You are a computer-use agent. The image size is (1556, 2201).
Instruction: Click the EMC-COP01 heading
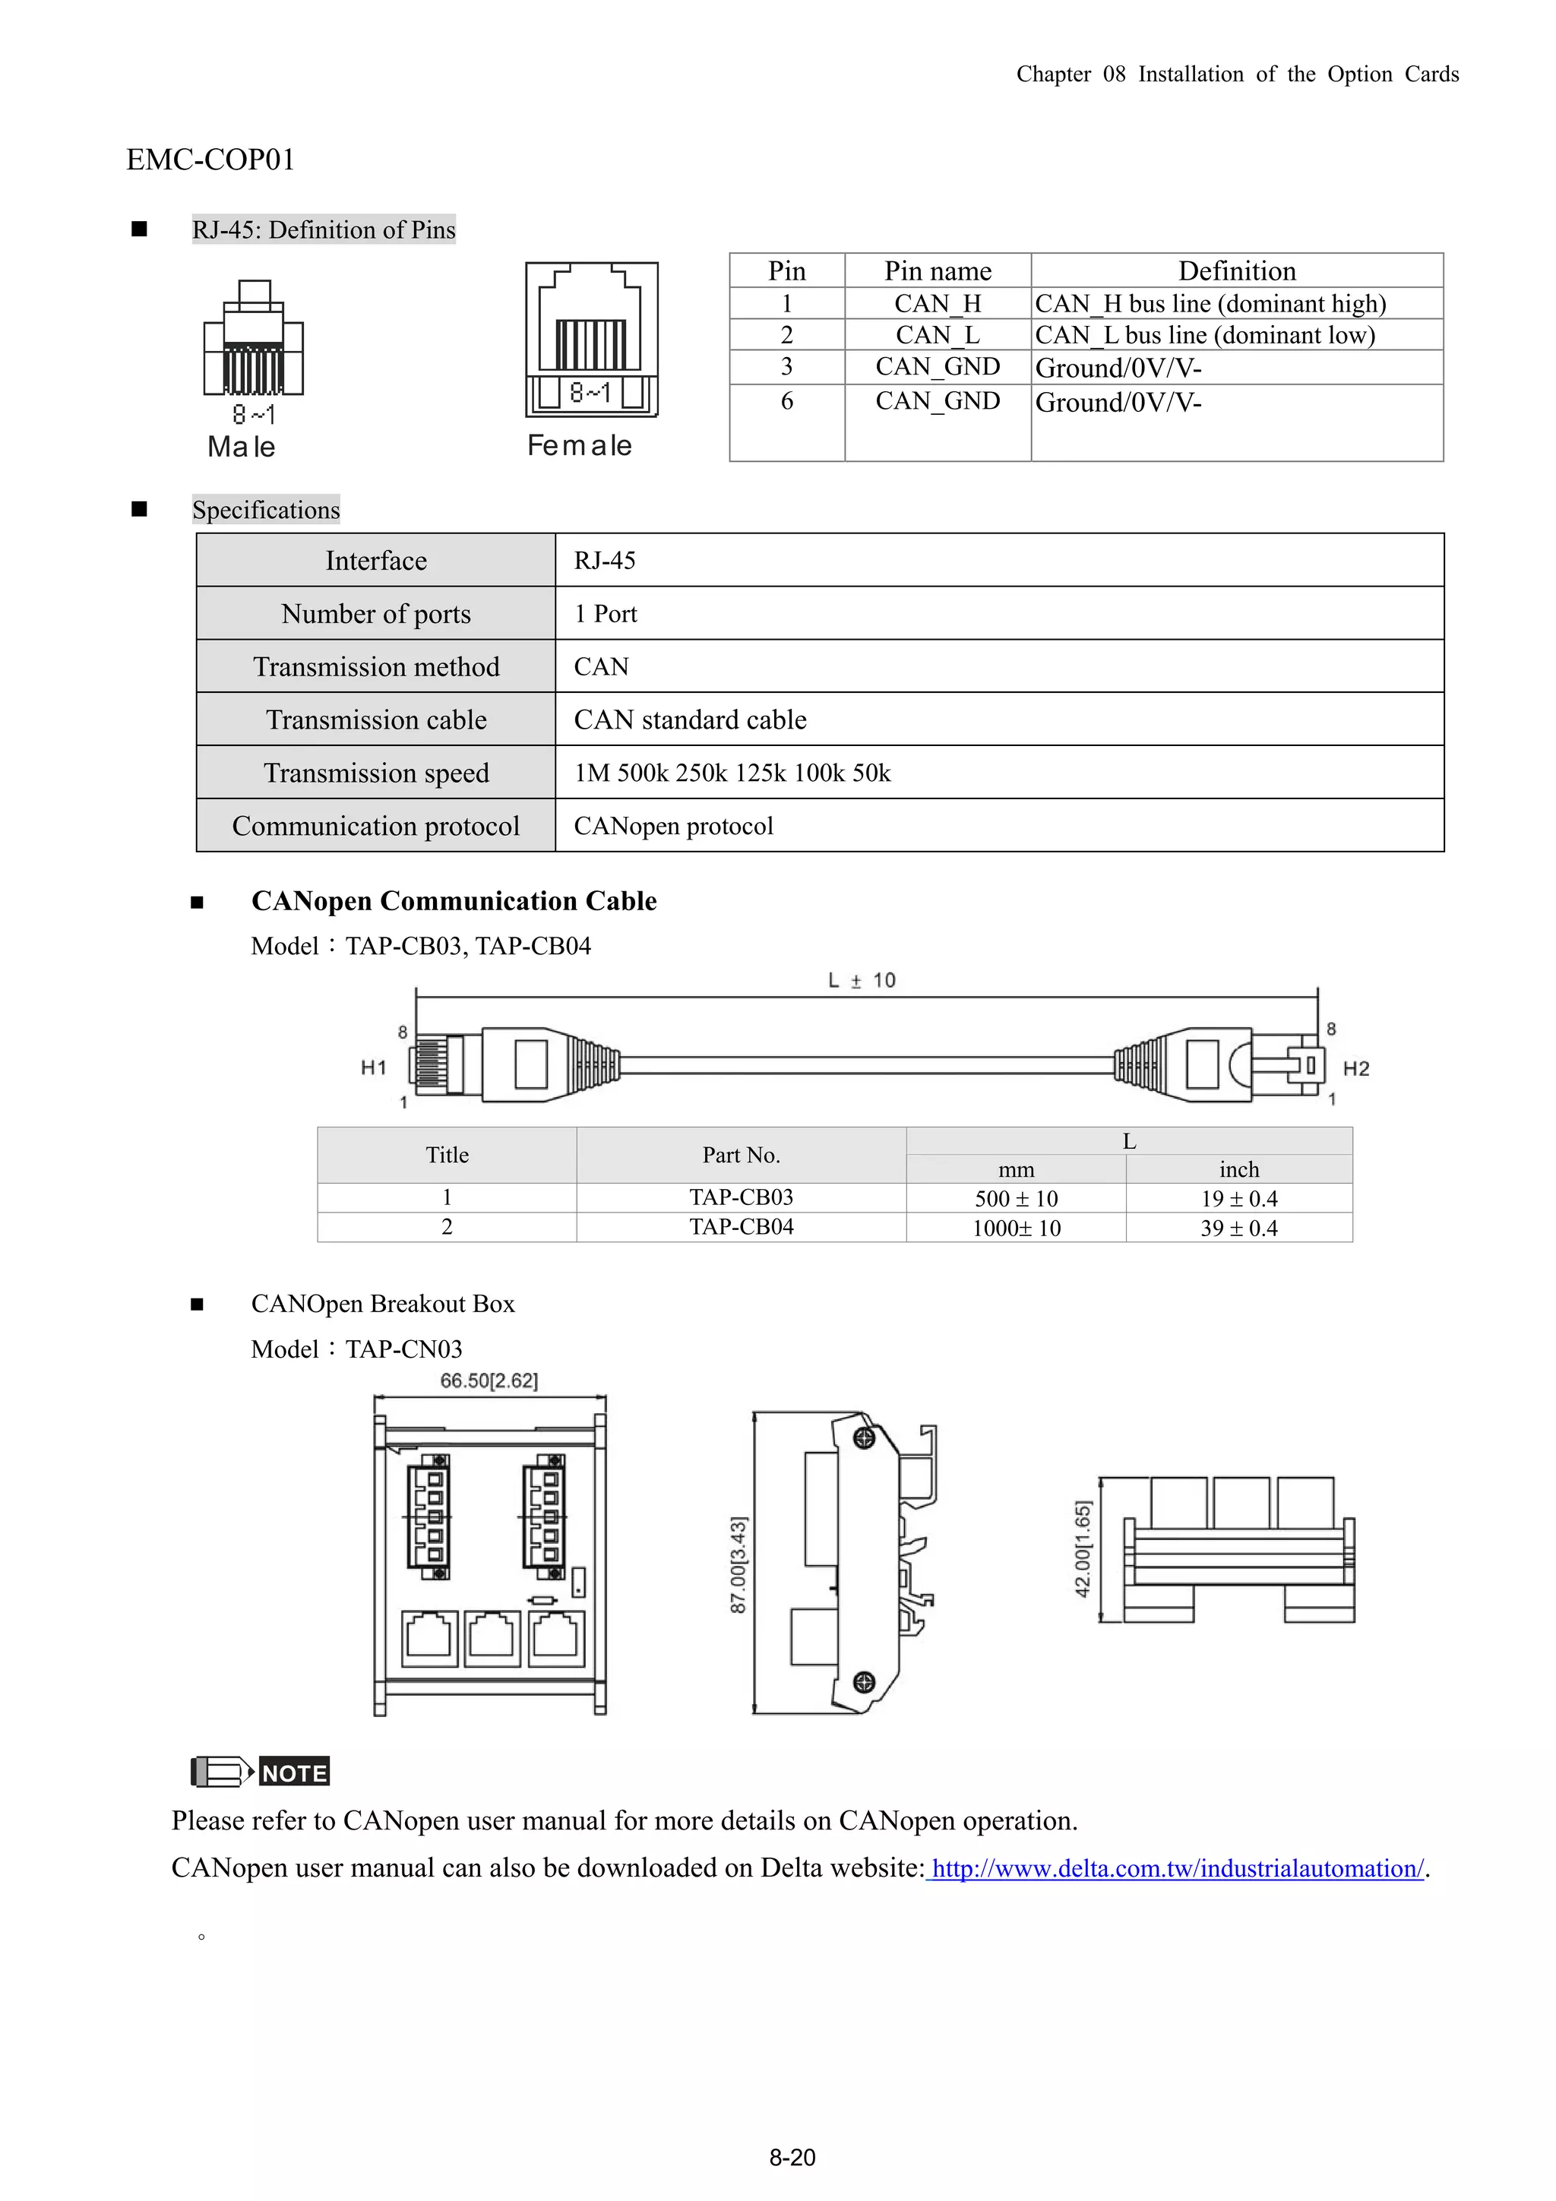(x=210, y=159)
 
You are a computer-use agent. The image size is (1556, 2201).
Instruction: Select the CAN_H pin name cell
(x=937, y=304)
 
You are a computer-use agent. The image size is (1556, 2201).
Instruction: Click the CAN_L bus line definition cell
(x=1205, y=336)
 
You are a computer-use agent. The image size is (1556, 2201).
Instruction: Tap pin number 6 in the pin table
(x=786, y=402)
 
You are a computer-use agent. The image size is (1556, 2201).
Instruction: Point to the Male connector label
(x=242, y=447)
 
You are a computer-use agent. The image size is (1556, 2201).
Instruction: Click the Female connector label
(x=579, y=446)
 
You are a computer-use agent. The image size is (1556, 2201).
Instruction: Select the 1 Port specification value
(x=605, y=615)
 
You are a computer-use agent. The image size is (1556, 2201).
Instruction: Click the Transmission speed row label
(x=376, y=773)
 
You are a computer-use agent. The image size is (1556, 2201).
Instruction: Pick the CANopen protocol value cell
(x=673, y=827)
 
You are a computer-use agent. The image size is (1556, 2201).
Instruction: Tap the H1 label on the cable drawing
(x=373, y=1068)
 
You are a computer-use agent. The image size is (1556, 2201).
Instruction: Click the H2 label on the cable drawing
(x=1355, y=1069)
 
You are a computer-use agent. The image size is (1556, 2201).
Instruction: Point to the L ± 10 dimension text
(x=861, y=981)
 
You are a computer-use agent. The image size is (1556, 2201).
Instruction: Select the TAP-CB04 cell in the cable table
(x=741, y=1227)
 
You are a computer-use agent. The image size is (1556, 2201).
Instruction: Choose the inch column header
(x=1238, y=1169)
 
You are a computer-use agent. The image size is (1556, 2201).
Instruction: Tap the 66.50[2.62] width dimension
(x=489, y=1380)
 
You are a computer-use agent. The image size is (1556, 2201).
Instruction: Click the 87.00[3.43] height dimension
(x=738, y=1564)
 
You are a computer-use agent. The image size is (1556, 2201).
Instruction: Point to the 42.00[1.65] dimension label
(x=1083, y=1549)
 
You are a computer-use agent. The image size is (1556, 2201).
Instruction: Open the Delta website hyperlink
(x=1178, y=1868)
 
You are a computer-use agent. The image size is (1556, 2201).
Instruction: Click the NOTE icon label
(x=293, y=1773)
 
